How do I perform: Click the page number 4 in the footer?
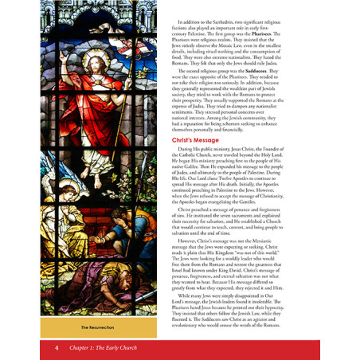(57, 347)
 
